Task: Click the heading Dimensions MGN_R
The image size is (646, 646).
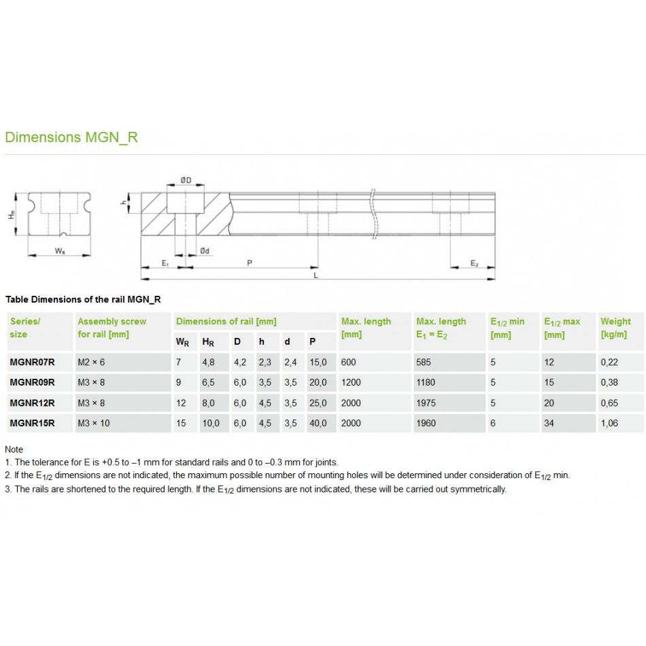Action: pyautogui.click(x=71, y=137)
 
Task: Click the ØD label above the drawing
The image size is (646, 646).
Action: pyautogui.click(x=186, y=180)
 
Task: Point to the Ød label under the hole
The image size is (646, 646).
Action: pyautogui.click(x=205, y=251)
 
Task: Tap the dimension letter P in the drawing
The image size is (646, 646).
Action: pyautogui.click(x=250, y=262)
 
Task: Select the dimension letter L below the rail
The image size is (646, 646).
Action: pyautogui.click(x=316, y=275)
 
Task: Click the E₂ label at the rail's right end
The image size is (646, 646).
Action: pyautogui.click(x=475, y=262)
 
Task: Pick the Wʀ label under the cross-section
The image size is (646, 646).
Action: pyautogui.click(x=60, y=251)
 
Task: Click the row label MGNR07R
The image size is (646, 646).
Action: pyautogui.click(x=33, y=362)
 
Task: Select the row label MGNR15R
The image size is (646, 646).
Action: pyautogui.click(x=33, y=423)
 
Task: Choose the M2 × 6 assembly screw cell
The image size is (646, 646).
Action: pyautogui.click(x=92, y=362)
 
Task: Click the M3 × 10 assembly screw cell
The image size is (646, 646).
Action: pyautogui.click(x=94, y=423)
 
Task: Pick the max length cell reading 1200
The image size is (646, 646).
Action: pyautogui.click(x=351, y=383)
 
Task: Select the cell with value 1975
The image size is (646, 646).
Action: pyautogui.click(x=426, y=403)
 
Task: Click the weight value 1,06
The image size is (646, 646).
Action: pyautogui.click(x=610, y=423)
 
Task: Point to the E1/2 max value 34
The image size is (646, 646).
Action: pyautogui.click(x=549, y=423)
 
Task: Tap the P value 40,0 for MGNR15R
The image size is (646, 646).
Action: pyautogui.click(x=318, y=423)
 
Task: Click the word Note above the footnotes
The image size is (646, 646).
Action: pyautogui.click(x=14, y=449)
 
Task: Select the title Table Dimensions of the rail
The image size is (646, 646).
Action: pyautogui.click(x=83, y=299)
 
